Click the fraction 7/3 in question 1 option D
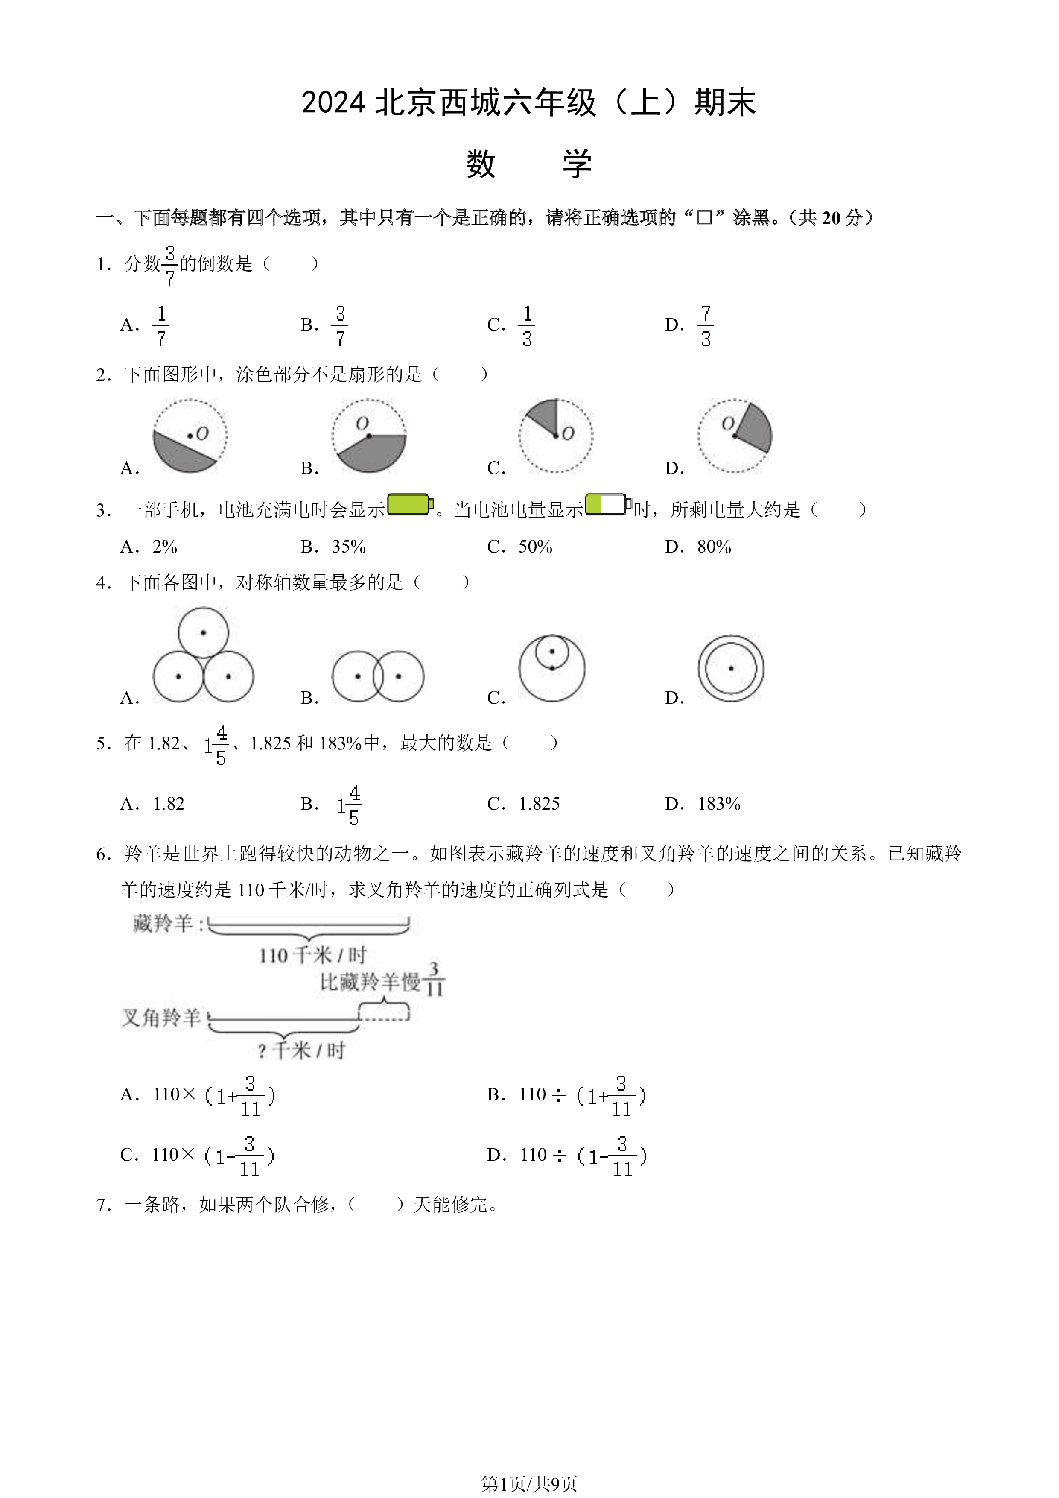tap(706, 325)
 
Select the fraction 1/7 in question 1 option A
tap(161, 325)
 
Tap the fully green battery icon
tap(410, 504)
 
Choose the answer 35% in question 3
tap(349, 547)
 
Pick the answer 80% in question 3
tap(714, 547)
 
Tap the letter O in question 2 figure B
tap(362, 424)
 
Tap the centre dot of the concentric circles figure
tap(731, 668)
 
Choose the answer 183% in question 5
tap(719, 804)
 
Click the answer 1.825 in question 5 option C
tap(539, 804)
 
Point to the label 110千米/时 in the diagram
tap(312, 956)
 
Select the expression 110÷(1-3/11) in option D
tap(583, 1156)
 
